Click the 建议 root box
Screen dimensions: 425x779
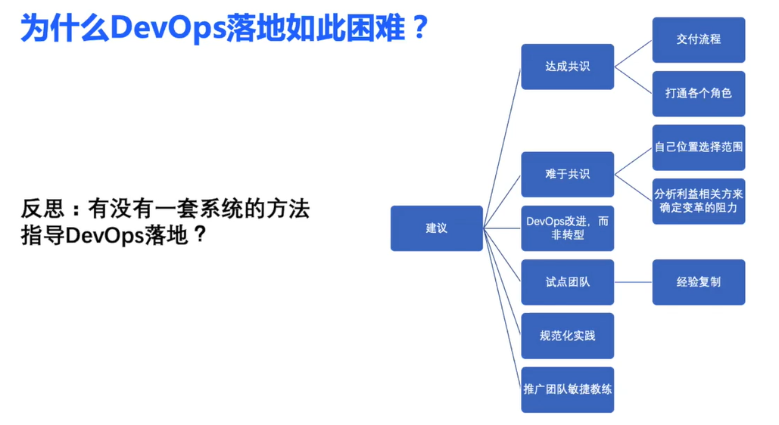(436, 228)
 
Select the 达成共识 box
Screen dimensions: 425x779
(567, 67)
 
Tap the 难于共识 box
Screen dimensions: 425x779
(567, 174)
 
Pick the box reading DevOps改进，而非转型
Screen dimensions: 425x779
(567, 228)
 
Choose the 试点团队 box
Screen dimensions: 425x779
(567, 282)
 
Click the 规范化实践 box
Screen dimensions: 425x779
(567, 336)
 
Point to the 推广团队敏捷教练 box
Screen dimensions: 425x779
(567, 389)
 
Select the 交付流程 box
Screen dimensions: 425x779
(698, 40)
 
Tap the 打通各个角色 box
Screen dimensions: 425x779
(698, 94)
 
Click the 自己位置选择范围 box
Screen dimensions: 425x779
(698, 147)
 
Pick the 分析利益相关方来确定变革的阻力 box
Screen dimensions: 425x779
(698, 201)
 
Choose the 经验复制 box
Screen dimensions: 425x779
(698, 282)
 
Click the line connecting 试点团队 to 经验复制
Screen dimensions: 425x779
(633, 282)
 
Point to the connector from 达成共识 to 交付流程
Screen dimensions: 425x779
(633, 54)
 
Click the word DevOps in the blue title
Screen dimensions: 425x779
(167, 29)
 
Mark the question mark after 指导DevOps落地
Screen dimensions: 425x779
(200, 234)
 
